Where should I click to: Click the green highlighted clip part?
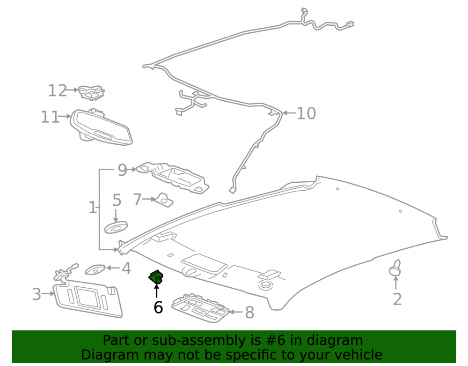(156, 277)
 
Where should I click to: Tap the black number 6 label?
(158, 307)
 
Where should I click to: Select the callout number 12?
(58, 90)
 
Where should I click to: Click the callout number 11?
(50, 117)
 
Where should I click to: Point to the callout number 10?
(306, 113)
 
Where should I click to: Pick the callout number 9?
(122, 170)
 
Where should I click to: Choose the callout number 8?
(249, 313)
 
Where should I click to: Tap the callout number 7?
(137, 200)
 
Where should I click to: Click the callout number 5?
(117, 200)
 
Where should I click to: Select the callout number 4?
(126, 269)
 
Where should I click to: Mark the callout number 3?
(37, 294)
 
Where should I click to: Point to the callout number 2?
(397, 299)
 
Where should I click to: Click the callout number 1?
(93, 207)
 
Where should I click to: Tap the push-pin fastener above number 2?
(395, 268)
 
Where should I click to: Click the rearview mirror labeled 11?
(101, 127)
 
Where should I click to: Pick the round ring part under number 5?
(116, 227)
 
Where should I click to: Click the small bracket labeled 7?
(163, 200)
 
